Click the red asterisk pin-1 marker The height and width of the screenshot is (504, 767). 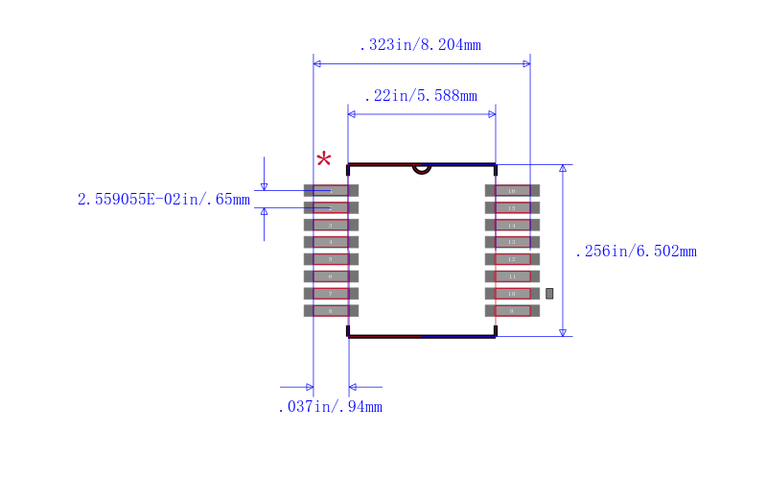[x=324, y=159]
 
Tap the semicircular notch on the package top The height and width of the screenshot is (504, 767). [x=421, y=169]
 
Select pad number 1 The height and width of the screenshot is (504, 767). [x=331, y=190]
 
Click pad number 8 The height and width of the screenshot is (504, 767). [x=331, y=310]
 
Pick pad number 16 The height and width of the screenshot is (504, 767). [x=512, y=190]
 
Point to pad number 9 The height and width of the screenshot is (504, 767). [x=512, y=310]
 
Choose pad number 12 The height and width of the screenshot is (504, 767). [x=512, y=259]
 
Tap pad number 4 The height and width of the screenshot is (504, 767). [x=331, y=242]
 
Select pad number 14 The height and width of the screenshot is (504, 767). [x=512, y=225]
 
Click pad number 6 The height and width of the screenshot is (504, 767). [x=331, y=276]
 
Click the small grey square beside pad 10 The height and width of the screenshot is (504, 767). [x=549, y=293]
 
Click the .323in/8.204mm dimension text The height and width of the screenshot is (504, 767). [x=420, y=45]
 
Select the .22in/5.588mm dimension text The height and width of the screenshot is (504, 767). [x=420, y=96]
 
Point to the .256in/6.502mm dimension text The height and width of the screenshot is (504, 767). [x=635, y=252]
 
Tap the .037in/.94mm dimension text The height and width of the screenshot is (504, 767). [x=330, y=407]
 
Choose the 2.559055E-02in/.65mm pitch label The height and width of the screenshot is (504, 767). [x=163, y=200]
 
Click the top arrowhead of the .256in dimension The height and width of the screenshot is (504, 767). [x=563, y=169]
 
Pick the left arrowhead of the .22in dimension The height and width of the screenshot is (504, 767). [x=352, y=114]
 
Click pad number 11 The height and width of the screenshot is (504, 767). [x=512, y=276]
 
